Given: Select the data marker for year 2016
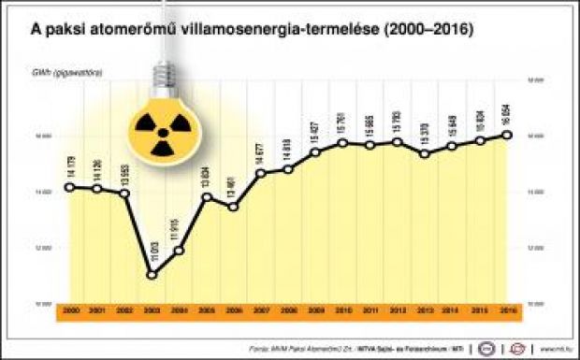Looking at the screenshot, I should pos(508,135).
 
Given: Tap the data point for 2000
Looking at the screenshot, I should pos(70,187).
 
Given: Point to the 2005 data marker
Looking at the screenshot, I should pos(207,196).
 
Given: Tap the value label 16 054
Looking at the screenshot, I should pos(508,114).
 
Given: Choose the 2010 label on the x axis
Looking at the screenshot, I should pos(343,309).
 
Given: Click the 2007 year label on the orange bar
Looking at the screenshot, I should pos(261,309).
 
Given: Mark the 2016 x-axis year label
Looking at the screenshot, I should pos(508,309).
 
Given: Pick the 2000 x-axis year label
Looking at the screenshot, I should pos(70,309).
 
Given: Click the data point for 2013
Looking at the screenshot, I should pos(426,153).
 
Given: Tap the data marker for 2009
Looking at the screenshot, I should pos(316,151).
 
